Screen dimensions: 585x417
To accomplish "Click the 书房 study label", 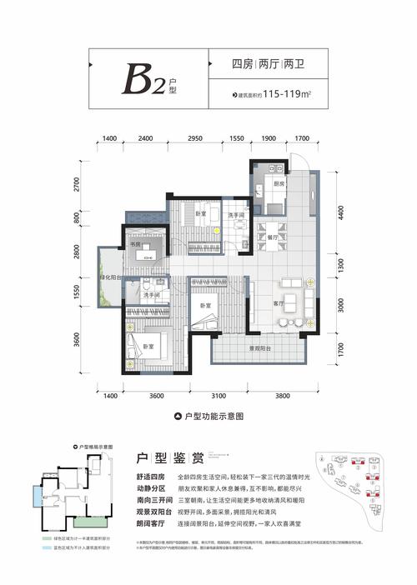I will [134, 245].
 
